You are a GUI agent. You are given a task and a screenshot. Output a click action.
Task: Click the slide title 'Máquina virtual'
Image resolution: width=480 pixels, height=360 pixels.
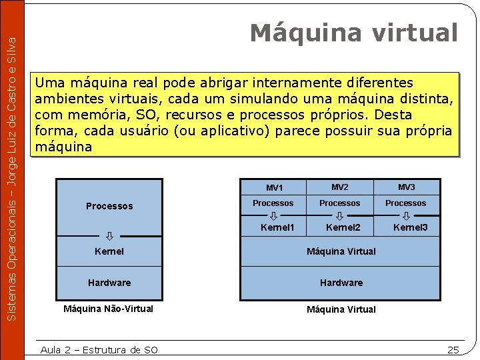pyautogui.click(x=354, y=33)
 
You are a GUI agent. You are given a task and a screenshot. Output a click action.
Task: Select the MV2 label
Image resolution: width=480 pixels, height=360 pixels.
pyautogui.click(x=340, y=187)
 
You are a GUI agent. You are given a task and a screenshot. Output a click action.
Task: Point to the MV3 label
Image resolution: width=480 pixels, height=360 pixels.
pyautogui.click(x=406, y=187)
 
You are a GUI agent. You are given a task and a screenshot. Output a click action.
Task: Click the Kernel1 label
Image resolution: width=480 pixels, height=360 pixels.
pyautogui.click(x=277, y=228)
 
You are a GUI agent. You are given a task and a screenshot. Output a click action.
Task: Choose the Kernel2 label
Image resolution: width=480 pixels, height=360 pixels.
pyautogui.click(x=343, y=228)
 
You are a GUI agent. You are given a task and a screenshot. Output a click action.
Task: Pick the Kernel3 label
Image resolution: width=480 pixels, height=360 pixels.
pyautogui.click(x=410, y=228)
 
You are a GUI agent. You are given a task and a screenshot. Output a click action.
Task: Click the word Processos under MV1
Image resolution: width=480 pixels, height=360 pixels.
pyautogui.click(x=273, y=203)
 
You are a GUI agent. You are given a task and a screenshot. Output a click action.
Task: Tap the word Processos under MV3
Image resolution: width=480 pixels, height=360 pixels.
pyautogui.click(x=405, y=203)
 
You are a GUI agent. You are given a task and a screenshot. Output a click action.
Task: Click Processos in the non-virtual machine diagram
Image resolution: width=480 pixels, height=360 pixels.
pyautogui.click(x=109, y=207)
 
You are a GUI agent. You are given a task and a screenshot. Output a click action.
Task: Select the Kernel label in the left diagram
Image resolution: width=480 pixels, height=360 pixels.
pyautogui.click(x=109, y=252)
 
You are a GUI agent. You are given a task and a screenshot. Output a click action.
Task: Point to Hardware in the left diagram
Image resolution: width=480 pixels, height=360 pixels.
pyautogui.click(x=109, y=283)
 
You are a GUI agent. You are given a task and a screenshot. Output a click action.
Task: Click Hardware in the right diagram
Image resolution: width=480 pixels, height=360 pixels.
pyautogui.click(x=341, y=283)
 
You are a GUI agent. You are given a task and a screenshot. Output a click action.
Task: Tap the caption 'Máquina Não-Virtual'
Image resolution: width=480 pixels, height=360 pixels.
pyautogui.click(x=108, y=309)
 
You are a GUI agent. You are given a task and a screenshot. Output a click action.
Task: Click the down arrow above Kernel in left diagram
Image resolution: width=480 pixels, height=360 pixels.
pyautogui.click(x=109, y=235)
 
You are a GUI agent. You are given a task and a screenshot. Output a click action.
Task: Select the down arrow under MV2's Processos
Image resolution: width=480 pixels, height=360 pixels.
pyautogui.click(x=339, y=216)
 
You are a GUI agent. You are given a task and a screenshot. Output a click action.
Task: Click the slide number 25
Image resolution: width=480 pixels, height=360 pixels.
pyautogui.click(x=453, y=350)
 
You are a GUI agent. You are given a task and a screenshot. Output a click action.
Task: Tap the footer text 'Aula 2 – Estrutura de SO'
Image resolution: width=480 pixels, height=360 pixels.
pyautogui.click(x=99, y=350)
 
